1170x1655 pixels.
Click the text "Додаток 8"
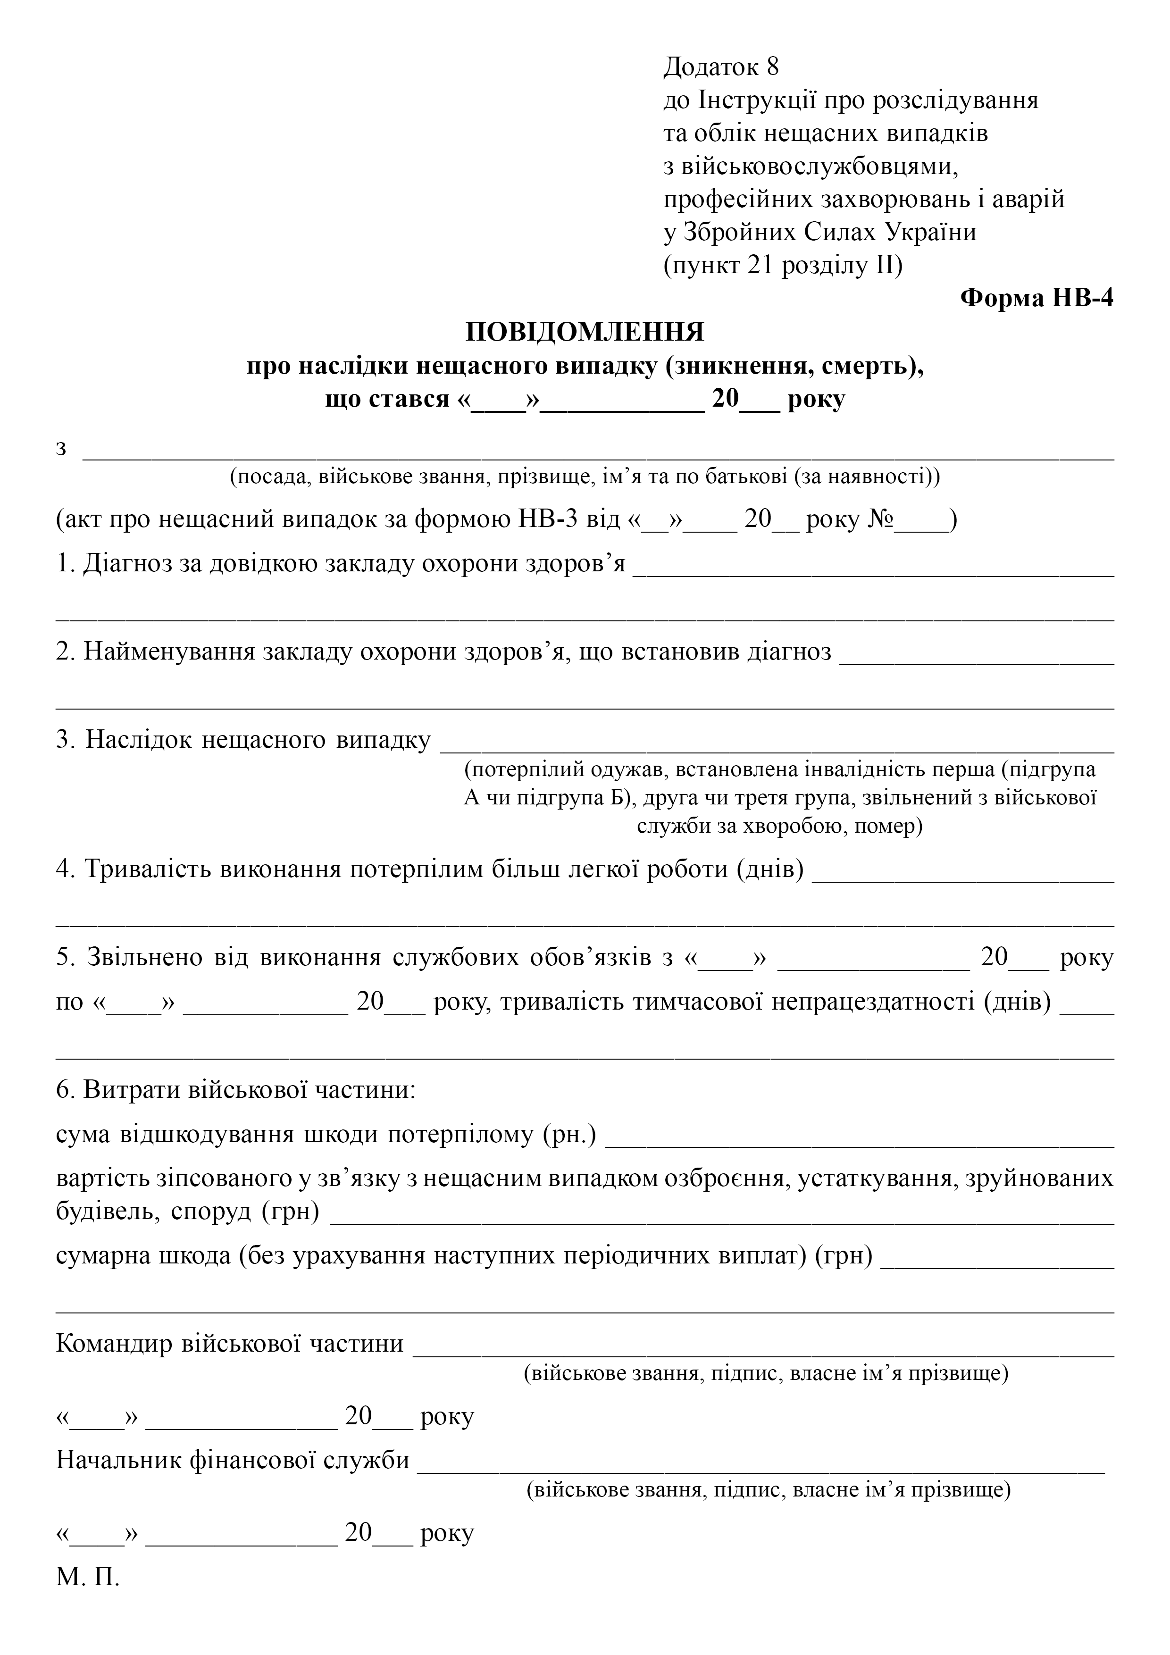pyautogui.click(x=720, y=67)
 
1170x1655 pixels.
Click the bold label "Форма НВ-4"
pyautogui.click(x=1036, y=298)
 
